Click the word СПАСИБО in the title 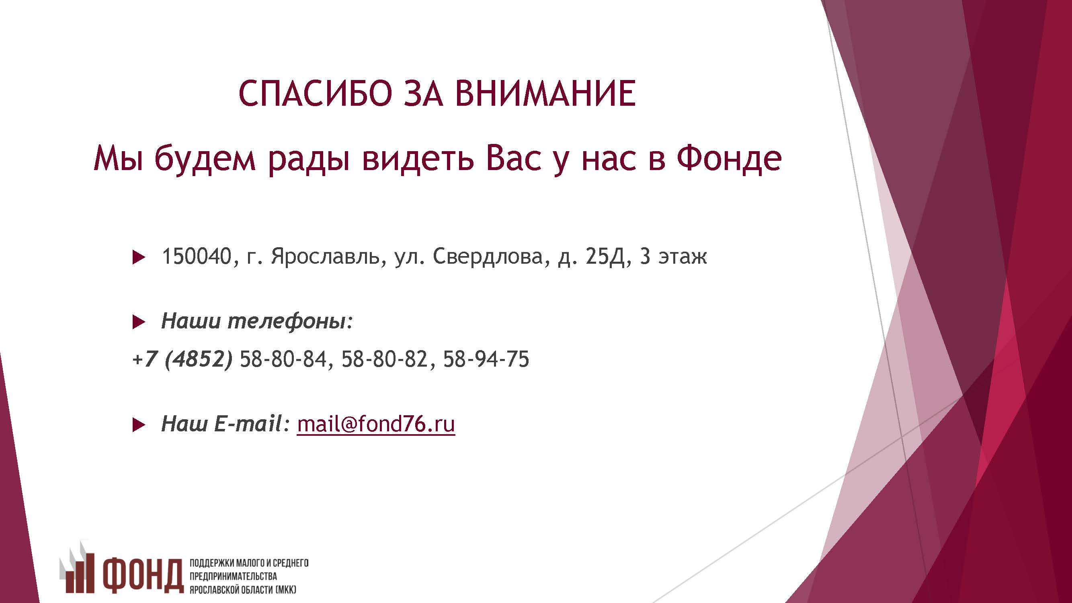click(316, 93)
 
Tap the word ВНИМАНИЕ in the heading click(545, 93)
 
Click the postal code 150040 click(196, 256)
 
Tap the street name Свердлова click(488, 256)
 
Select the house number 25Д click(605, 257)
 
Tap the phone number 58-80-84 click(283, 359)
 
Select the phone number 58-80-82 click(385, 359)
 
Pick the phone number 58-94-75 click(486, 359)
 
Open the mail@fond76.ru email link click(376, 424)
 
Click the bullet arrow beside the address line click(139, 257)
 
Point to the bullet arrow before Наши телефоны click(139, 322)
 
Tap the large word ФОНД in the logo click(143, 576)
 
